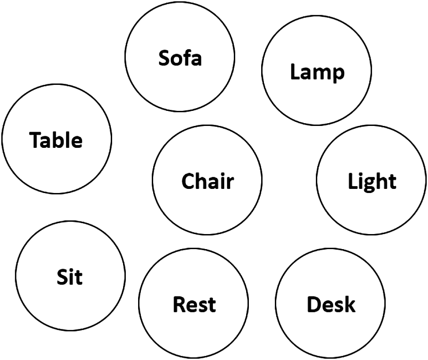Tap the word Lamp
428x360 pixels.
[317, 72]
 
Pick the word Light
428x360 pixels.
[372, 181]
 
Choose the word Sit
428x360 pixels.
[70, 277]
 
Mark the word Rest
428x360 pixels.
[194, 304]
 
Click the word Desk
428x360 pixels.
[331, 304]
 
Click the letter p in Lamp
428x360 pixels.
[338, 74]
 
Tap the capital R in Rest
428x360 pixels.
[179, 304]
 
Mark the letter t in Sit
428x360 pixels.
[79, 278]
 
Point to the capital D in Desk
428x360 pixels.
[314, 304]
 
